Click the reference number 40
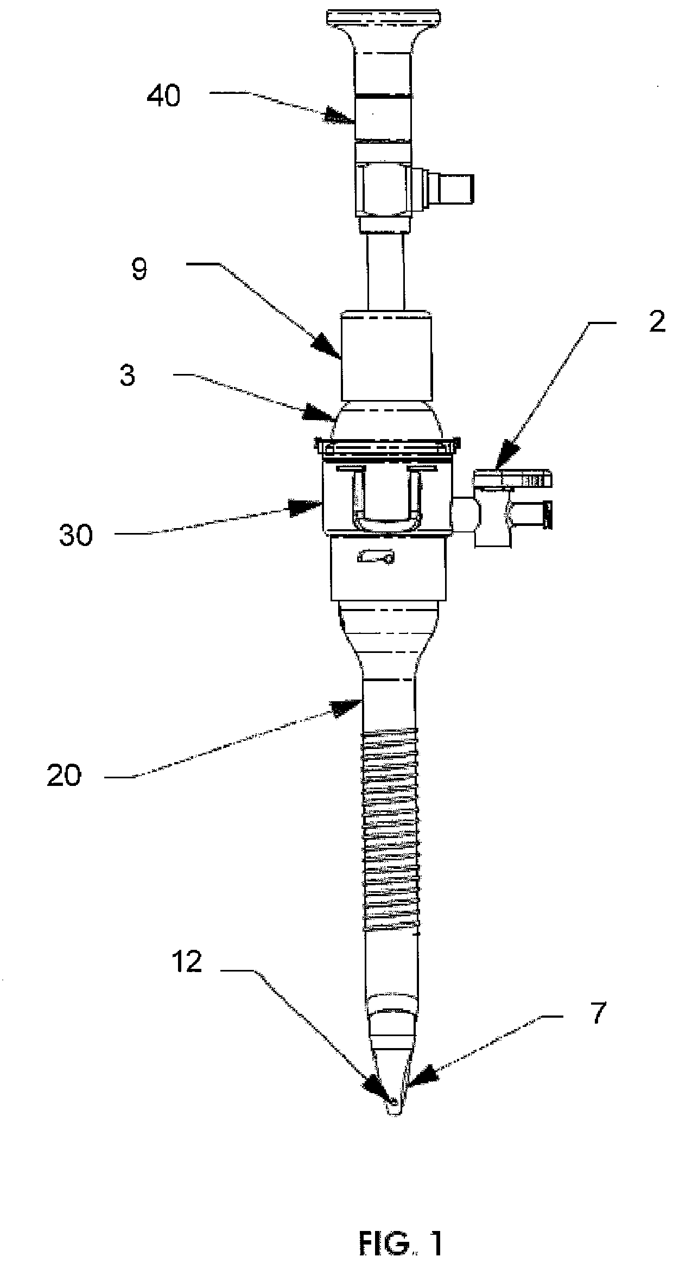tap(163, 97)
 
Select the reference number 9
tap(139, 269)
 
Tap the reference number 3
tap(127, 376)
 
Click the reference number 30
tap(76, 536)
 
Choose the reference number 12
tap(187, 963)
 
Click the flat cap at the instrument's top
tap(383, 17)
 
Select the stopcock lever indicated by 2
tap(513, 478)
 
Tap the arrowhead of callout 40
tap(340, 116)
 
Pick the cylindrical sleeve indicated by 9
tap(386, 356)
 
